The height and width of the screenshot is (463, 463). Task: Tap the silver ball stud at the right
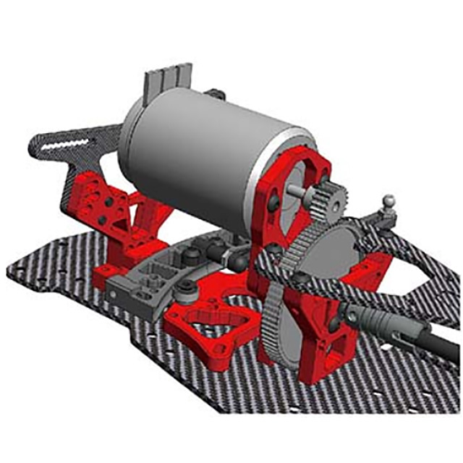389,200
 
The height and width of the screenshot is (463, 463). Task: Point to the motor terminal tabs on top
171,79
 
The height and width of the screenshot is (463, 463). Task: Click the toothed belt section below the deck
279,318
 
